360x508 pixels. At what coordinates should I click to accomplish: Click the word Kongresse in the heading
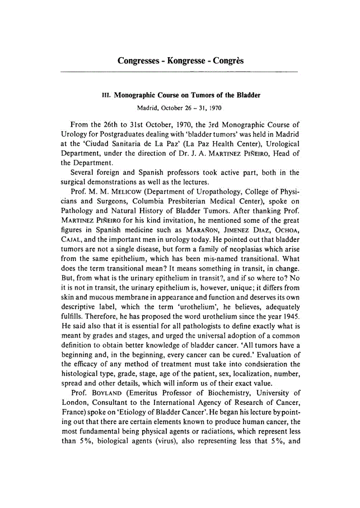[180, 60]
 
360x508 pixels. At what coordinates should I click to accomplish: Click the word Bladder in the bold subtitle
[248, 96]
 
